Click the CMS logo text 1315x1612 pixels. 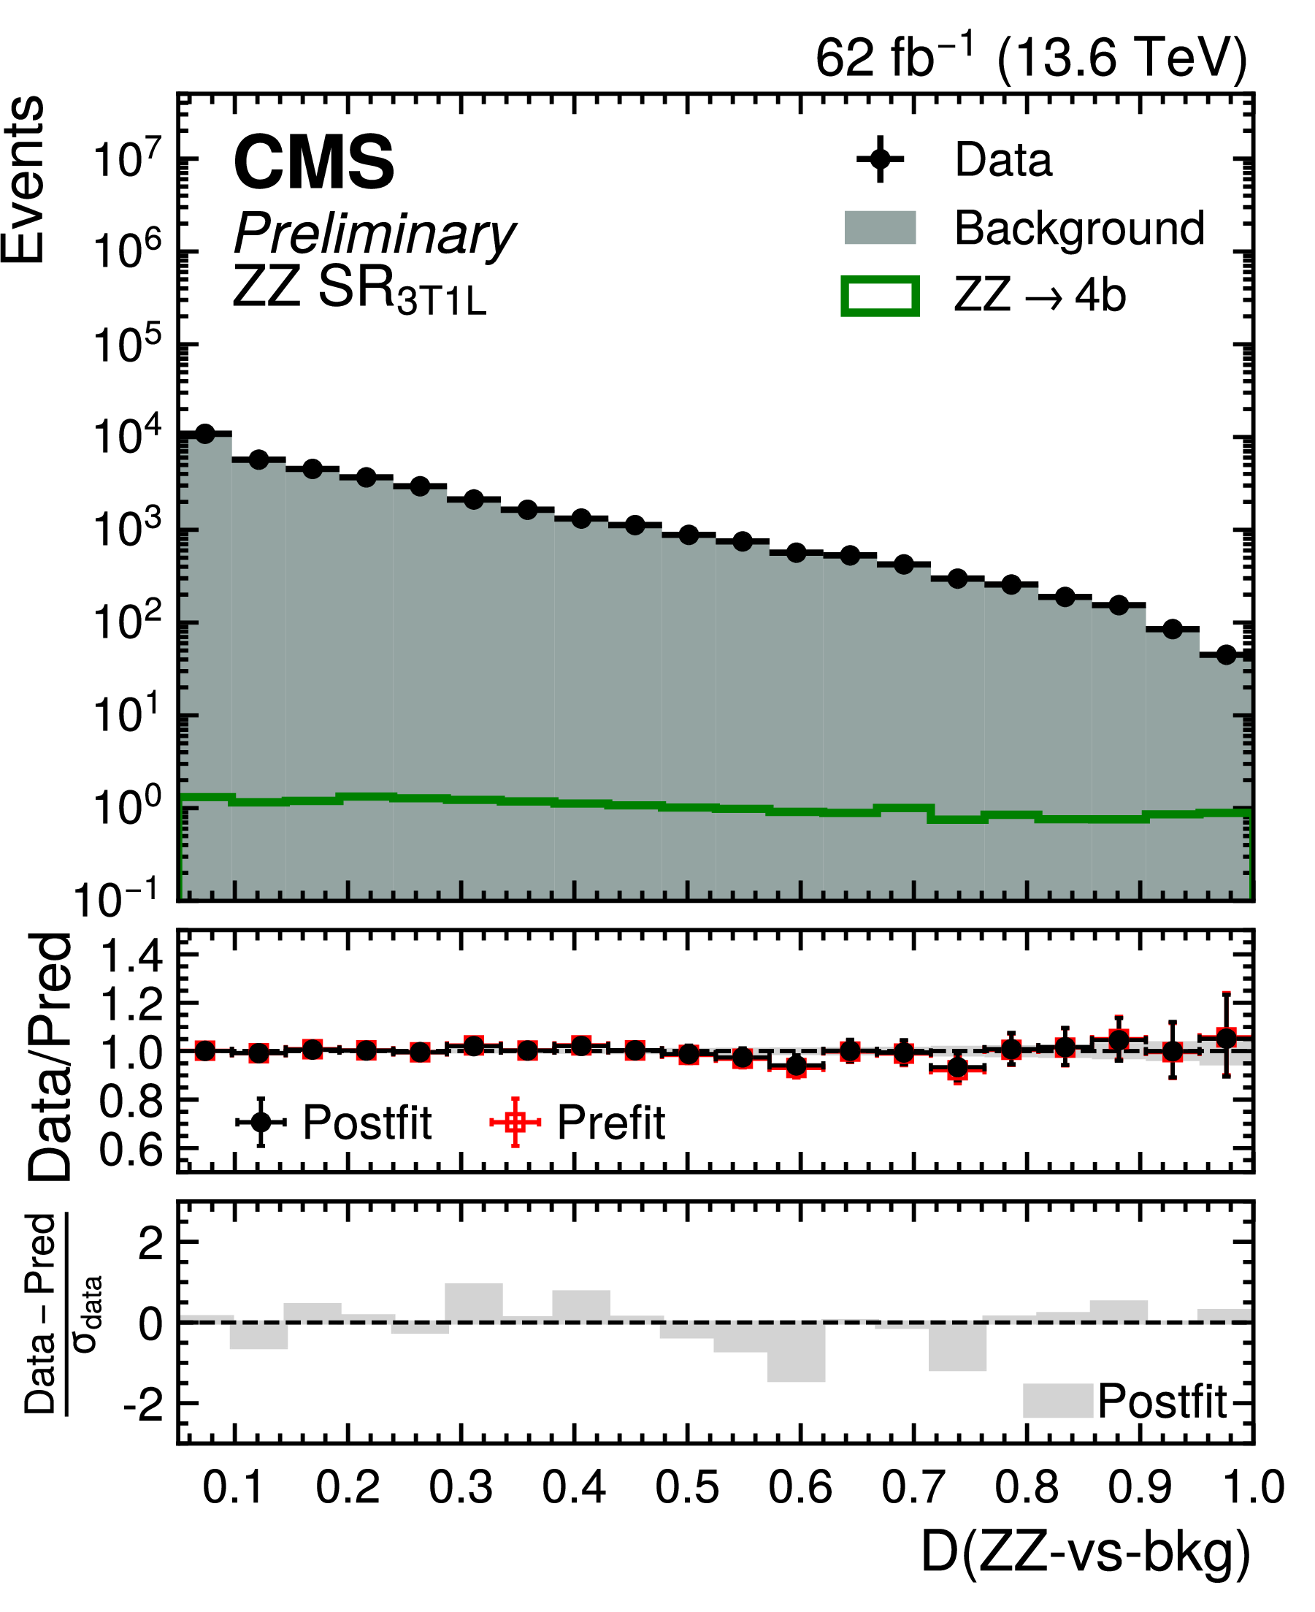click(314, 162)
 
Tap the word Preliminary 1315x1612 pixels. click(374, 234)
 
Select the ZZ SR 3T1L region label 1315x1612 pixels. click(359, 291)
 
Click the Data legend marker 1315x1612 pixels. click(879, 160)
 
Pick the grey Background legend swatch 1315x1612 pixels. click(879, 228)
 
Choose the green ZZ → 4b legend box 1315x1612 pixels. click(879, 296)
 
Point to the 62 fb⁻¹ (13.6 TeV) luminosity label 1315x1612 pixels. click(1030, 58)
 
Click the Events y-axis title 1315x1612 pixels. click(24, 180)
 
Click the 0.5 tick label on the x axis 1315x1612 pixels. click(687, 1487)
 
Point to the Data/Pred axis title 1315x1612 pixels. click(52, 1056)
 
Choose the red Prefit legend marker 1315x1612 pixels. click(515, 1123)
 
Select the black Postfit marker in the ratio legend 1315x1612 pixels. click(261, 1123)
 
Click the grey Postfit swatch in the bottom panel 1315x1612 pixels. click(1057, 1401)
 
